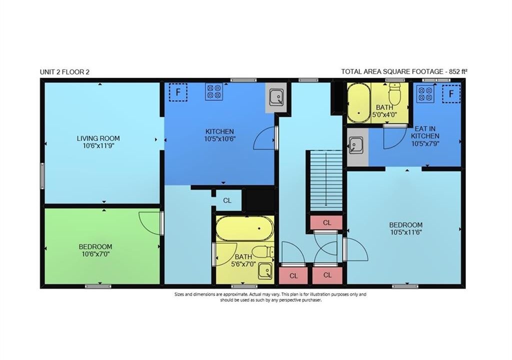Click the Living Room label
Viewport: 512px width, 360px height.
pyautogui.click(x=98, y=138)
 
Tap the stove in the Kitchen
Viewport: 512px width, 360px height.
pyautogui.click(x=214, y=91)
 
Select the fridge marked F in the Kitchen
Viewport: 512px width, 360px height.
pyautogui.click(x=178, y=92)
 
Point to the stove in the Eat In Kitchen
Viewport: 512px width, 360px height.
pyautogui.click(x=425, y=94)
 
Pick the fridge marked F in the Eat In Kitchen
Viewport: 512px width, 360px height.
pyautogui.click(x=451, y=94)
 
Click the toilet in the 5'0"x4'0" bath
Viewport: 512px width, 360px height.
pyautogui.click(x=394, y=93)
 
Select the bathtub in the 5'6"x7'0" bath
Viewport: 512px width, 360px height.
pyautogui.click(x=244, y=228)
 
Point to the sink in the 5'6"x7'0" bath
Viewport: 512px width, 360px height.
pyautogui.click(x=265, y=271)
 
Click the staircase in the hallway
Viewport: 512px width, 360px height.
pyautogui.click(x=325, y=180)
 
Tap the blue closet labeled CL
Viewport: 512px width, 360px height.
pyautogui.click(x=227, y=200)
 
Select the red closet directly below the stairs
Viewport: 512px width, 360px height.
pyautogui.click(x=326, y=222)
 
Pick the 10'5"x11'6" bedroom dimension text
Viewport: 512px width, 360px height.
pyautogui.click(x=406, y=232)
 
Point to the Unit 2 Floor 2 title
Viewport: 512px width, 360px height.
pyautogui.click(x=64, y=72)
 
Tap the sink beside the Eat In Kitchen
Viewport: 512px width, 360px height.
pyautogui.click(x=354, y=145)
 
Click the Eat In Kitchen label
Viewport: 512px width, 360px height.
pyautogui.click(x=425, y=132)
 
